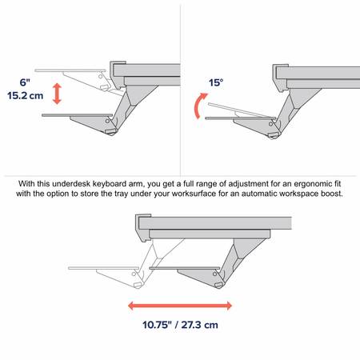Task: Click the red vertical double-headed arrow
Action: tap(57, 94)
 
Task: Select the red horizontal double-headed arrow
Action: tap(180, 306)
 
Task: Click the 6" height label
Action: tap(25, 82)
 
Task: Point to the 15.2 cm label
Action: tap(25, 95)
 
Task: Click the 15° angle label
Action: tap(216, 82)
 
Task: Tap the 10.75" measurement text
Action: tap(157, 325)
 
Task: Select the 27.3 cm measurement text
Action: tap(200, 325)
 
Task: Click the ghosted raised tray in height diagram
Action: tap(70, 70)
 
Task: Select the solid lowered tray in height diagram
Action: tap(77, 115)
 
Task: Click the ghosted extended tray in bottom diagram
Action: tap(103, 268)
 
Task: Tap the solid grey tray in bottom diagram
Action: tap(185, 268)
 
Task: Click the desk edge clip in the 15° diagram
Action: tap(280, 78)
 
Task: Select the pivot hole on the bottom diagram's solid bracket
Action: tap(215, 274)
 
